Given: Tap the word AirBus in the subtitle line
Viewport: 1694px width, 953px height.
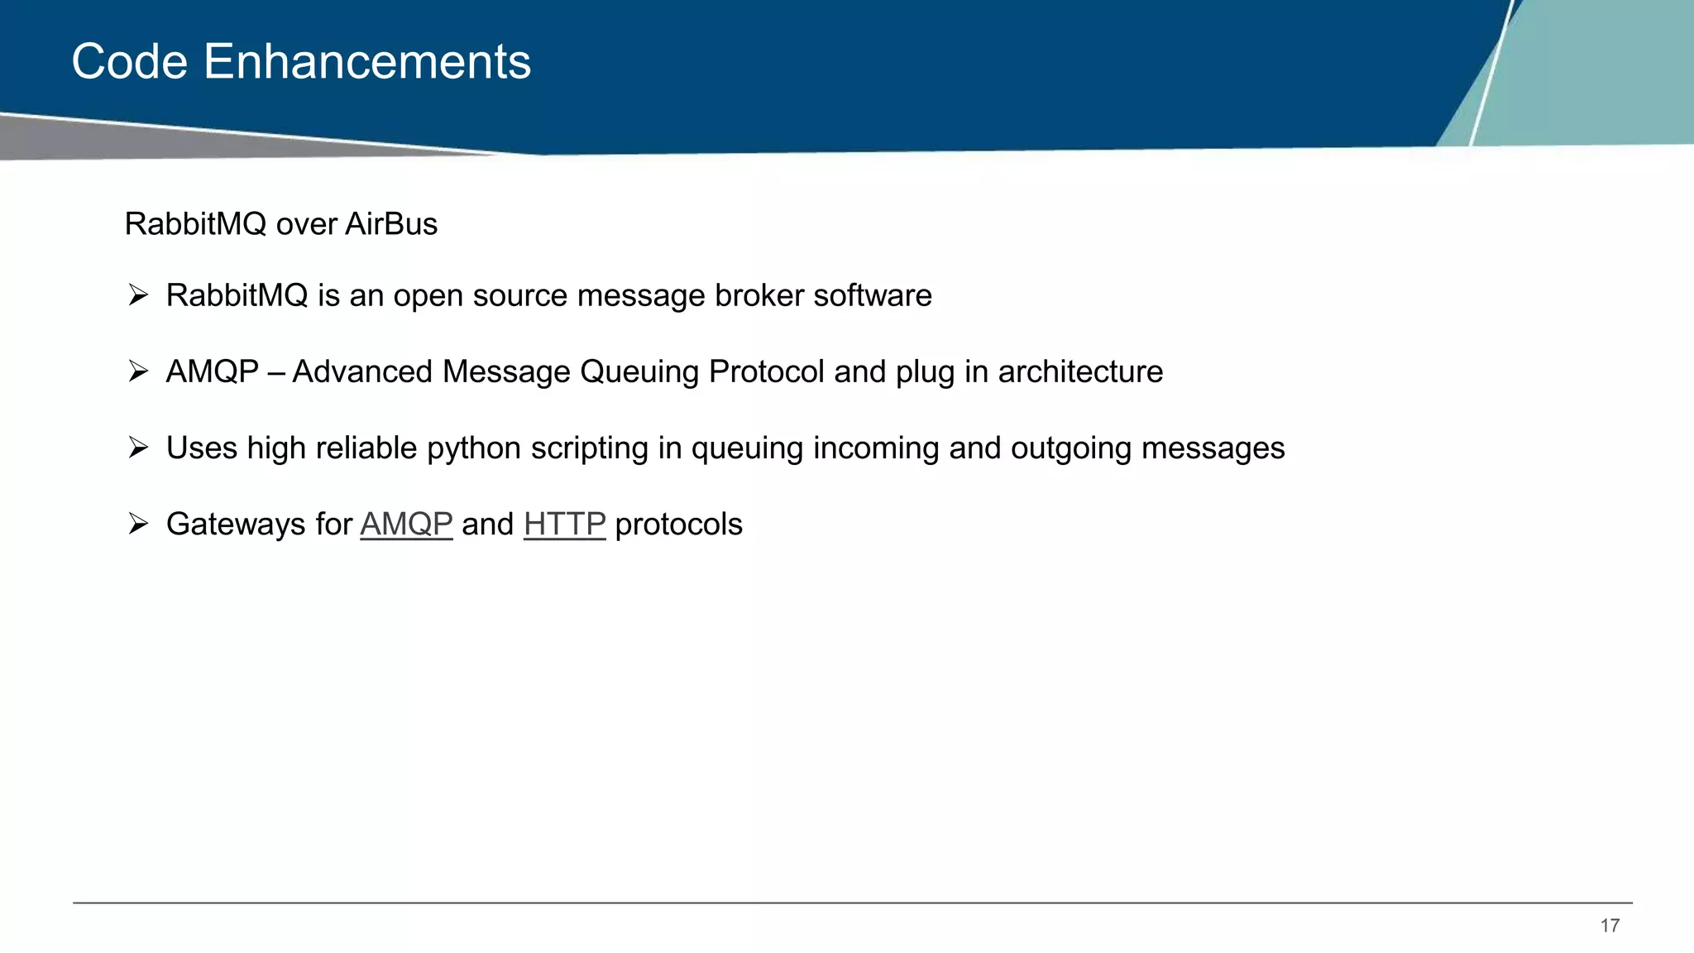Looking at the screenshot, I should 391,224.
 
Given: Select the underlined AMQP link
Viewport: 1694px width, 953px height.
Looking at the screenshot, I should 406,524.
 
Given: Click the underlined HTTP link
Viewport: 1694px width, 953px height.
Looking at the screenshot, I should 564,524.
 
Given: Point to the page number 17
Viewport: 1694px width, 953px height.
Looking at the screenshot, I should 1610,926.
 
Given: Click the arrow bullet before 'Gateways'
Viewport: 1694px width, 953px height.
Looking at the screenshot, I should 138,524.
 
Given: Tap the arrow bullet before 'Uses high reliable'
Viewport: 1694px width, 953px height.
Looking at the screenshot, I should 138,448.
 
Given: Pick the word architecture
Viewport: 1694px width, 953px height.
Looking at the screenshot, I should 1080,372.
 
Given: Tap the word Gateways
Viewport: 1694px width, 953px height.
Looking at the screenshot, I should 236,525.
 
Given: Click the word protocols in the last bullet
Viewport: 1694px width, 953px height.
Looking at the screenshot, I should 678,525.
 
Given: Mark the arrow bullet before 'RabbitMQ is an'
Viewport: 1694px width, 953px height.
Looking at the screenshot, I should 138,295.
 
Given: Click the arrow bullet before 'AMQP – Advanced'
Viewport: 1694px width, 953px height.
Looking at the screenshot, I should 138,371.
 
